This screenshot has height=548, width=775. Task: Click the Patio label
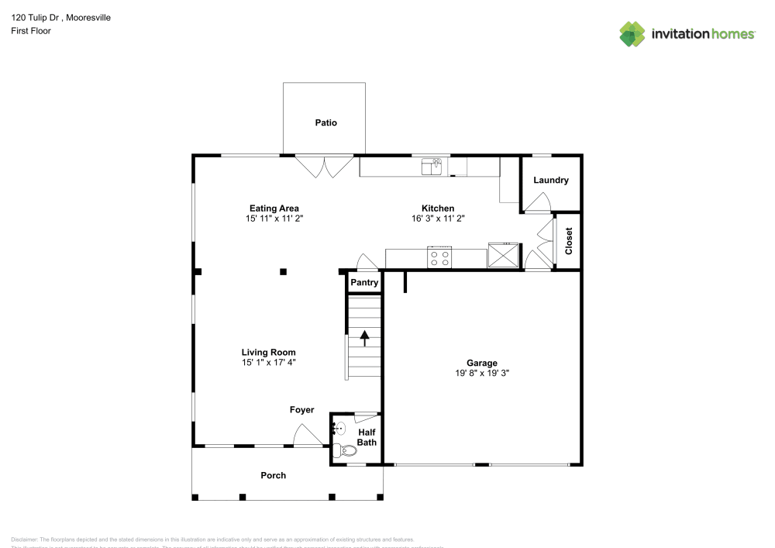(x=325, y=123)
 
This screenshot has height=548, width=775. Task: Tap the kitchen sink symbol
(x=431, y=165)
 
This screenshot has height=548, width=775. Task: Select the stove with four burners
(x=440, y=258)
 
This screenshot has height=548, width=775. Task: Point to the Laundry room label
(x=551, y=181)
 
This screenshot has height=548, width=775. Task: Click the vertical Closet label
(x=569, y=241)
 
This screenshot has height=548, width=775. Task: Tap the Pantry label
(x=364, y=283)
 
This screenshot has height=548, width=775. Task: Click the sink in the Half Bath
(x=339, y=427)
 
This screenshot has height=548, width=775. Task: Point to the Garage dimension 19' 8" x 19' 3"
(x=481, y=373)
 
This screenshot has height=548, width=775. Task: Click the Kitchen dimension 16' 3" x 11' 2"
(x=437, y=219)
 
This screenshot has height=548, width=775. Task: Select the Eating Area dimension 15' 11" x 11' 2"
(x=274, y=219)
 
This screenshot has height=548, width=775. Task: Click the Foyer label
(x=301, y=410)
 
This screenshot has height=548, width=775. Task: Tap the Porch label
(x=273, y=475)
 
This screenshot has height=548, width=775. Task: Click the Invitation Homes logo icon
(x=632, y=33)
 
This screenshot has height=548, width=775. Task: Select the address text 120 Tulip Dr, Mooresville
(x=60, y=17)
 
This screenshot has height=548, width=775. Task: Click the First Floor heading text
(x=31, y=31)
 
